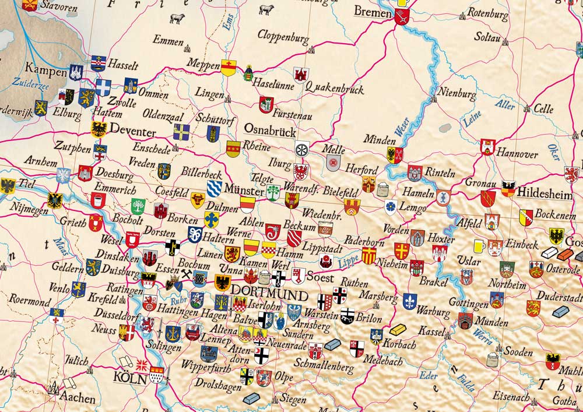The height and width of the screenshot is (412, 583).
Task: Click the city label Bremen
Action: click(x=373, y=12)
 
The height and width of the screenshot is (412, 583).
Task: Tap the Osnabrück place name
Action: click(x=270, y=129)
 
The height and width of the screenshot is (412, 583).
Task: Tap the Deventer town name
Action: click(x=132, y=129)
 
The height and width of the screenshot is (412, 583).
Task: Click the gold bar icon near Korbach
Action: click(x=398, y=329)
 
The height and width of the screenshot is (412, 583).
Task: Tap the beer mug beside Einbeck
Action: click(x=479, y=245)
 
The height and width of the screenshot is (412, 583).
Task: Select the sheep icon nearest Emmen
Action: click(x=177, y=19)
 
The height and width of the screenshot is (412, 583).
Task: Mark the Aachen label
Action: click(x=77, y=398)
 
